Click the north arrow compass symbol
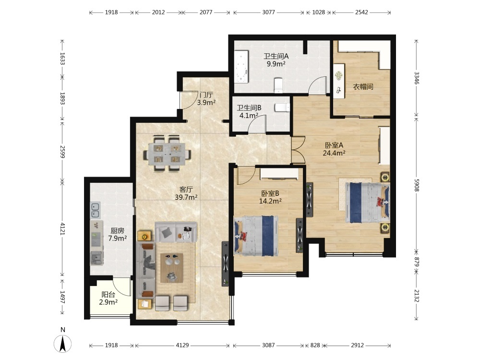coord(63,344)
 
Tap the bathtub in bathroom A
coord(241,68)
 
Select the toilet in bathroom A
coord(278,85)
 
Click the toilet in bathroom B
coord(282,108)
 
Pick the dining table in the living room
coord(167,154)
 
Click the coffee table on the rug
coord(172,268)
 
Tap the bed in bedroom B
coord(256,236)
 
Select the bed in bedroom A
coord(367,203)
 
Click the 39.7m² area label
coord(186,197)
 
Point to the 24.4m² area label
coord(334,153)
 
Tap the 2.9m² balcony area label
coord(108,302)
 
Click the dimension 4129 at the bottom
coord(182,345)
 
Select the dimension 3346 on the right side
coord(416,78)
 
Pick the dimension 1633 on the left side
coord(62,59)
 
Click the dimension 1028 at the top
coord(318,12)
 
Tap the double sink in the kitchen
coord(95,210)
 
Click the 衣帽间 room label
coord(363,86)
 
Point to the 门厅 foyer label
coord(206,95)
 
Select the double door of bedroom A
coord(299,150)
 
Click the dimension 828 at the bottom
coord(315,345)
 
